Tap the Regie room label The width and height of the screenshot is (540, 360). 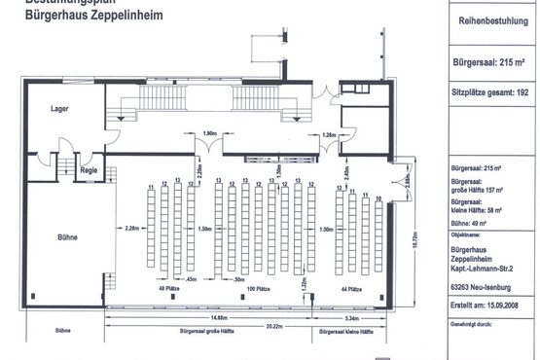coord(90,170)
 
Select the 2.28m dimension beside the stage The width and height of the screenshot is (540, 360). coord(133,230)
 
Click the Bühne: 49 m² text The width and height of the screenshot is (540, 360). coord(463,223)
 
